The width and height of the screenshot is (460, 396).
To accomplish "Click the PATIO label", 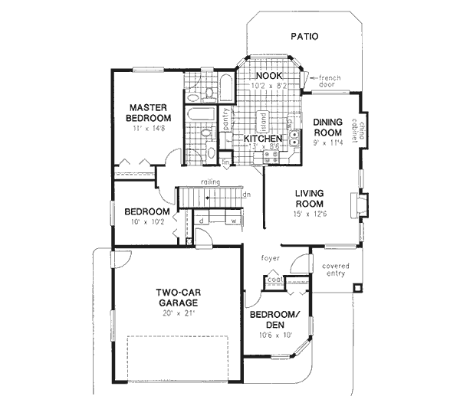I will pyautogui.click(x=304, y=36).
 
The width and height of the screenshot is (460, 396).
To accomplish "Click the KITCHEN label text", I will pyautogui.click(x=261, y=139).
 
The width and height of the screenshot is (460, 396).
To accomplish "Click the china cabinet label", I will pyautogui.click(x=362, y=130).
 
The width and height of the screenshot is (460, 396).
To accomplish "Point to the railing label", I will pyautogui.click(x=211, y=182).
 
